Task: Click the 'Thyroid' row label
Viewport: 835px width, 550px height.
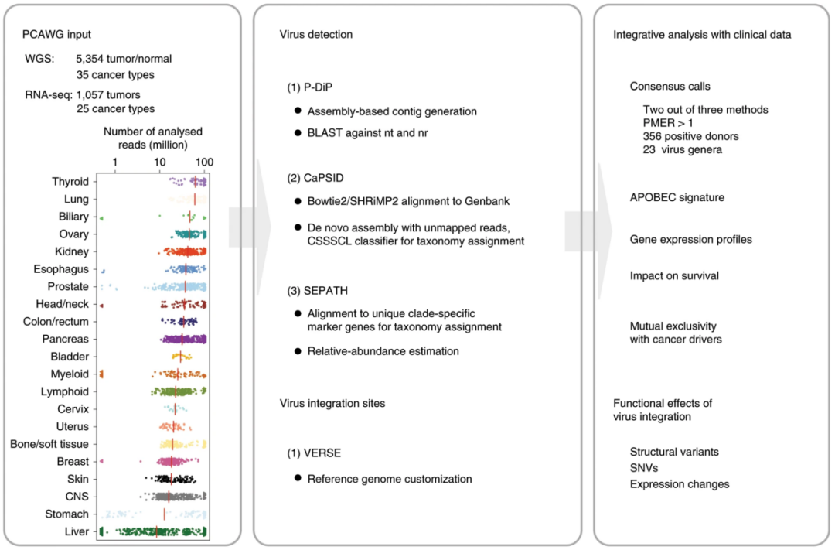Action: click(70, 182)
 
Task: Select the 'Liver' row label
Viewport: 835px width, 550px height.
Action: click(76, 531)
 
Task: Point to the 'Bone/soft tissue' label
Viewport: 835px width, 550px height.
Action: click(49, 444)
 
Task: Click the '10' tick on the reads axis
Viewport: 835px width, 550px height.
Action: click(159, 162)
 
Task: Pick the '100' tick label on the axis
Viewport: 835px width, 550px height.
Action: click(204, 162)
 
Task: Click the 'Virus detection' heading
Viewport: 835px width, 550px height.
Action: click(315, 35)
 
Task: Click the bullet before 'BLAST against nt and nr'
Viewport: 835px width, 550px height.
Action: click(297, 134)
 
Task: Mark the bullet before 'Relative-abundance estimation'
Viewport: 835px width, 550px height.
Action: click(297, 351)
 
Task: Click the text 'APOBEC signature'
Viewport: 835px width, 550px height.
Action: click(677, 197)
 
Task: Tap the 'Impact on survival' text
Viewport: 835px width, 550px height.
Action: click(674, 275)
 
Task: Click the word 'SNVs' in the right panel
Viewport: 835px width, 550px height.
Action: click(643, 468)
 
